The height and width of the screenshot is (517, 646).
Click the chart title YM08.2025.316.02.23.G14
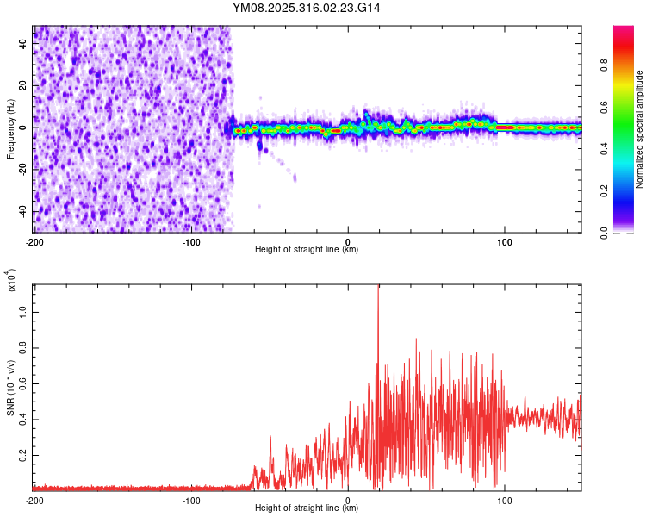[x=307, y=8]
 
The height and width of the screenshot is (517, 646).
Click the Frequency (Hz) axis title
[x=10, y=129]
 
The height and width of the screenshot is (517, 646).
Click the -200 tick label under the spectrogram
[x=34, y=240]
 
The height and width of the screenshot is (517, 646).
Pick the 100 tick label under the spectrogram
[x=505, y=240]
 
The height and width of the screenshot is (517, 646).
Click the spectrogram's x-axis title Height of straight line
[x=307, y=250]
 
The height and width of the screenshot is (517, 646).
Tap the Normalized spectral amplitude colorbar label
[x=640, y=129]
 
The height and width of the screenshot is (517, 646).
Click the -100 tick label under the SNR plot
[x=191, y=499]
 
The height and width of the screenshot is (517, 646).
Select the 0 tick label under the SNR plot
[x=348, y=499]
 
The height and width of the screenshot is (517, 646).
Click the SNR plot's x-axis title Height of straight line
[x=307, y=508]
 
